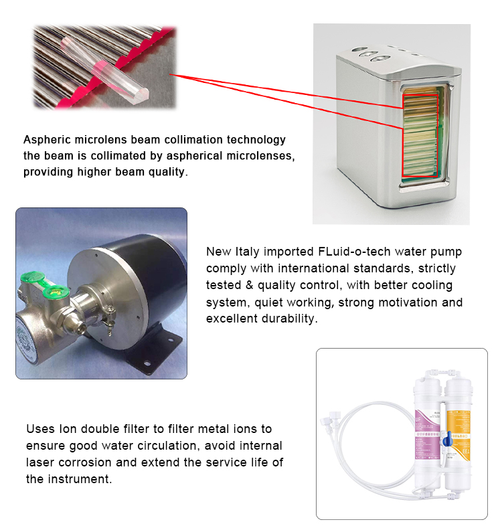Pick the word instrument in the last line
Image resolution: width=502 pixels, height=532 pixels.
click(84, 478)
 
